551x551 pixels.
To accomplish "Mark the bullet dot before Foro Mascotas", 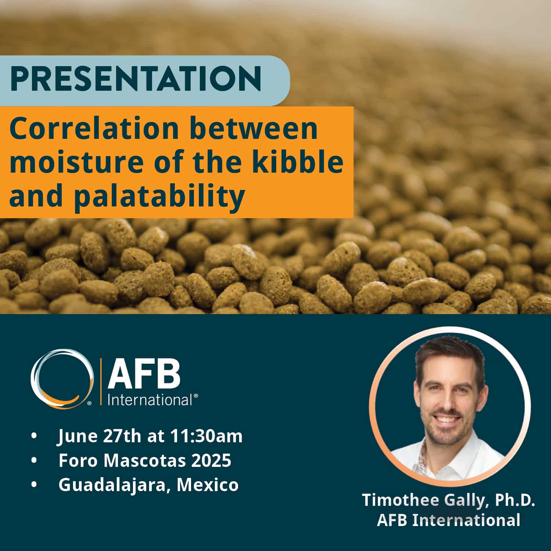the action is tap(35, 460).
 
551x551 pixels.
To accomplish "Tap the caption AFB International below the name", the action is tap(449, 521).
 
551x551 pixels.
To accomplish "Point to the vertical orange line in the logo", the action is tap(101, 383).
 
